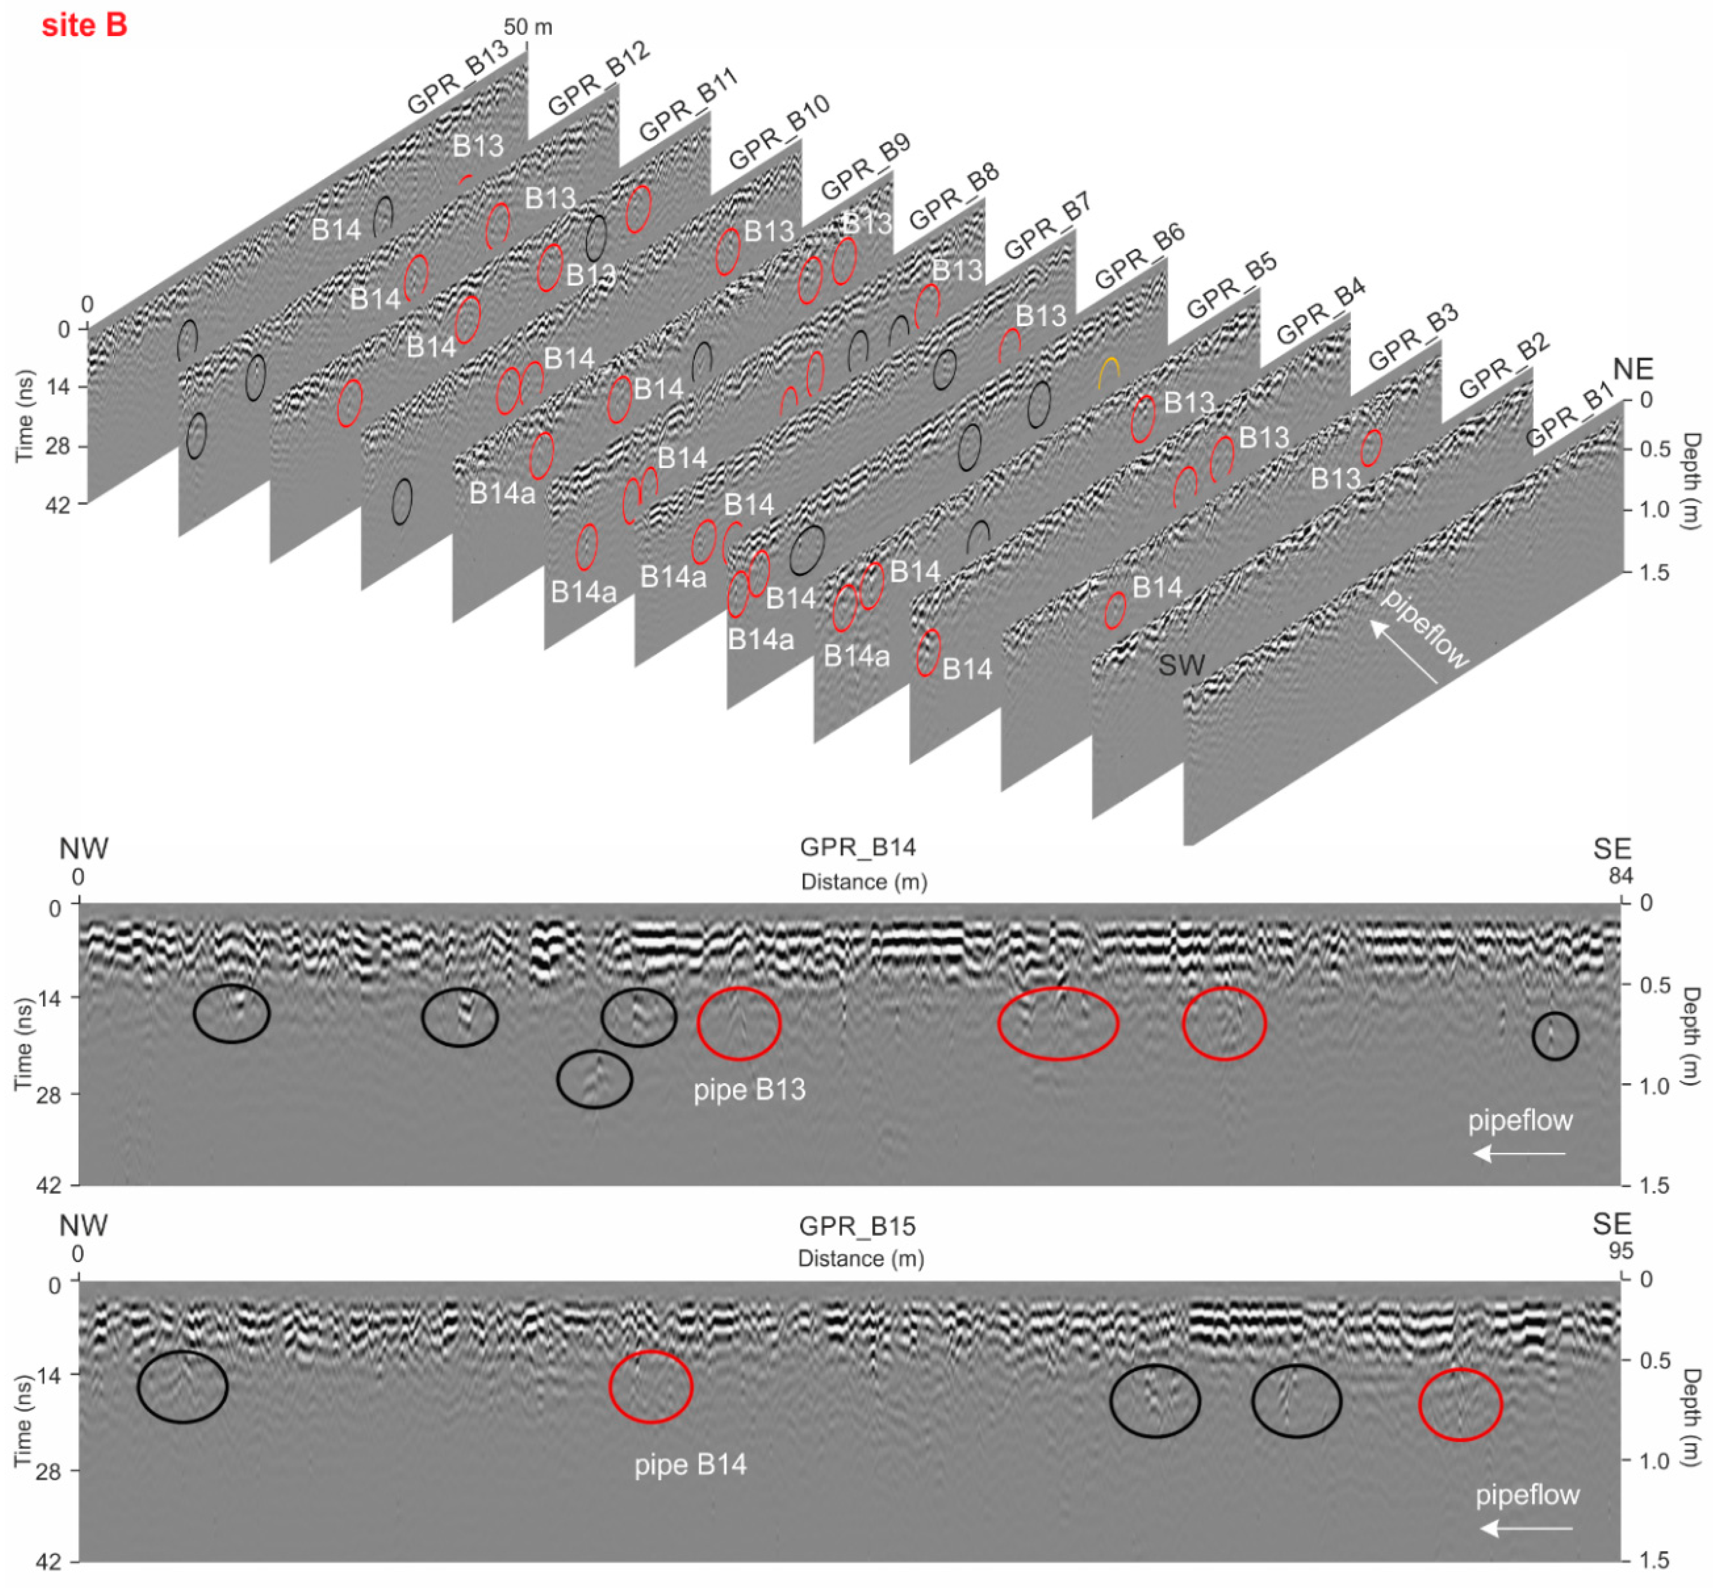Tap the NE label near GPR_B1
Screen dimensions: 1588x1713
(x=1632, y=369)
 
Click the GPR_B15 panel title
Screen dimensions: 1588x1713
(x=857, y=1226)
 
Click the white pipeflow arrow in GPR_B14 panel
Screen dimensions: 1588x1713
(x=1519, y=1153)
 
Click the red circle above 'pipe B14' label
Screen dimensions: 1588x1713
(x=651, y=1387)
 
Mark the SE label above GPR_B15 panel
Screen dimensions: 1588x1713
(x=1611, y=1224)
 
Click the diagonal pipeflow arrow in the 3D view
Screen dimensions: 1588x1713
(x=1403, y=652)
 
